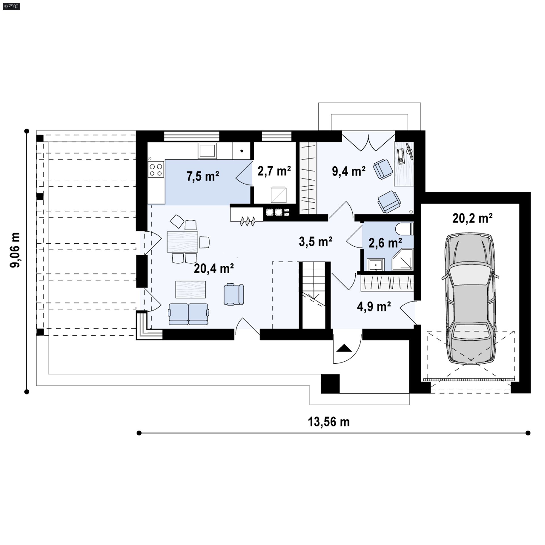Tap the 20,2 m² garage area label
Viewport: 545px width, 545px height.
coord(472,218)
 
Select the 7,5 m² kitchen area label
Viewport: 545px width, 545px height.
coord(203,176)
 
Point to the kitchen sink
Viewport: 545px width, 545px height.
coord(207,150)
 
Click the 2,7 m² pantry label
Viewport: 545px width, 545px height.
coord(274,171)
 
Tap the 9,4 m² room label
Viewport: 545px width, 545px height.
coord(349,171)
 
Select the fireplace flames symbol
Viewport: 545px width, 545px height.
coord(248,221)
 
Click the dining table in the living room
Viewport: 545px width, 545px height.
coord(183,242)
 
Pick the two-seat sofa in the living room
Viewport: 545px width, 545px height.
coord(189,314)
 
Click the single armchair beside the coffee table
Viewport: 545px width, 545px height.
coord(234,294)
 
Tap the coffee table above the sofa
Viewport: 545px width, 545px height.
coord(190,289)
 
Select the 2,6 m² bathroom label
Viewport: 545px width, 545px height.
coord(385,243)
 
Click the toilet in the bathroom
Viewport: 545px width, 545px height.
coord(404,229)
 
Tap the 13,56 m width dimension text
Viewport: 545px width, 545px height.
coord(329,422)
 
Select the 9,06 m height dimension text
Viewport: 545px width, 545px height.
coord(15,250)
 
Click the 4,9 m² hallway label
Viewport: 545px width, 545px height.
coord(374,307)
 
